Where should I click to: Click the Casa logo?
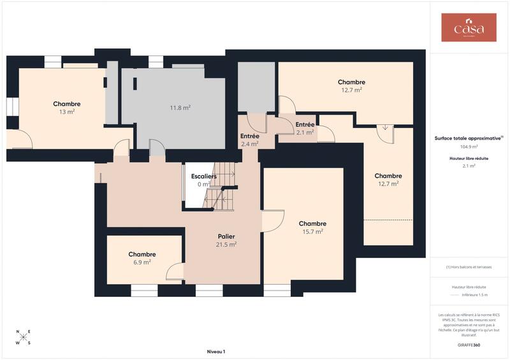coord(469,28)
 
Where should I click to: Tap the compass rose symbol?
coord(24,338)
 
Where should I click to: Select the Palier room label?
coord(226,236)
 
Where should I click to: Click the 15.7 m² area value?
coord(312,231)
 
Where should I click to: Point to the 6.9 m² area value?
coord(142,262)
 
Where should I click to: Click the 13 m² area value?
coord(67,112)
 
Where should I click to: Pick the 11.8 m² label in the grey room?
coord(180,108)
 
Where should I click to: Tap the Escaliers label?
coord(204,176)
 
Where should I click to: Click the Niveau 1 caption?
coord(216,351)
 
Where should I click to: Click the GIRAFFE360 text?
coord(469,343)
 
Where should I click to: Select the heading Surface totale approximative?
coord(469,138)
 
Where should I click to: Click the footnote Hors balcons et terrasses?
coord(469,267)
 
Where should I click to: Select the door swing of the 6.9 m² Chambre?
coord(175,272)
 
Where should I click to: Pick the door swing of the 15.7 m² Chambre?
coord(273,221)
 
